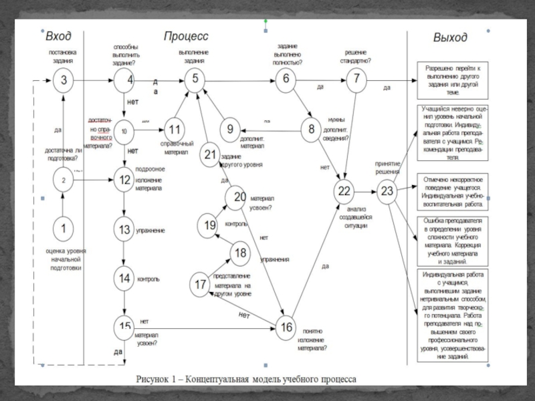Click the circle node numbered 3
[64, 81]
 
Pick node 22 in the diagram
[344, 192]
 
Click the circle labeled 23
[387, 192]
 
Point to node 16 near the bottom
[286, 327]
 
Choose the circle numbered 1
[64, 228]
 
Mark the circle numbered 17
[201, 284]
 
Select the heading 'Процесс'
[186, 35]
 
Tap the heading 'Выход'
[449, 37]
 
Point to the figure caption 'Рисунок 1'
[247, 378]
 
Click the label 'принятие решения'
[387, 167]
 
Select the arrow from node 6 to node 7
[320, 81]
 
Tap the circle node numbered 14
[124, 277]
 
